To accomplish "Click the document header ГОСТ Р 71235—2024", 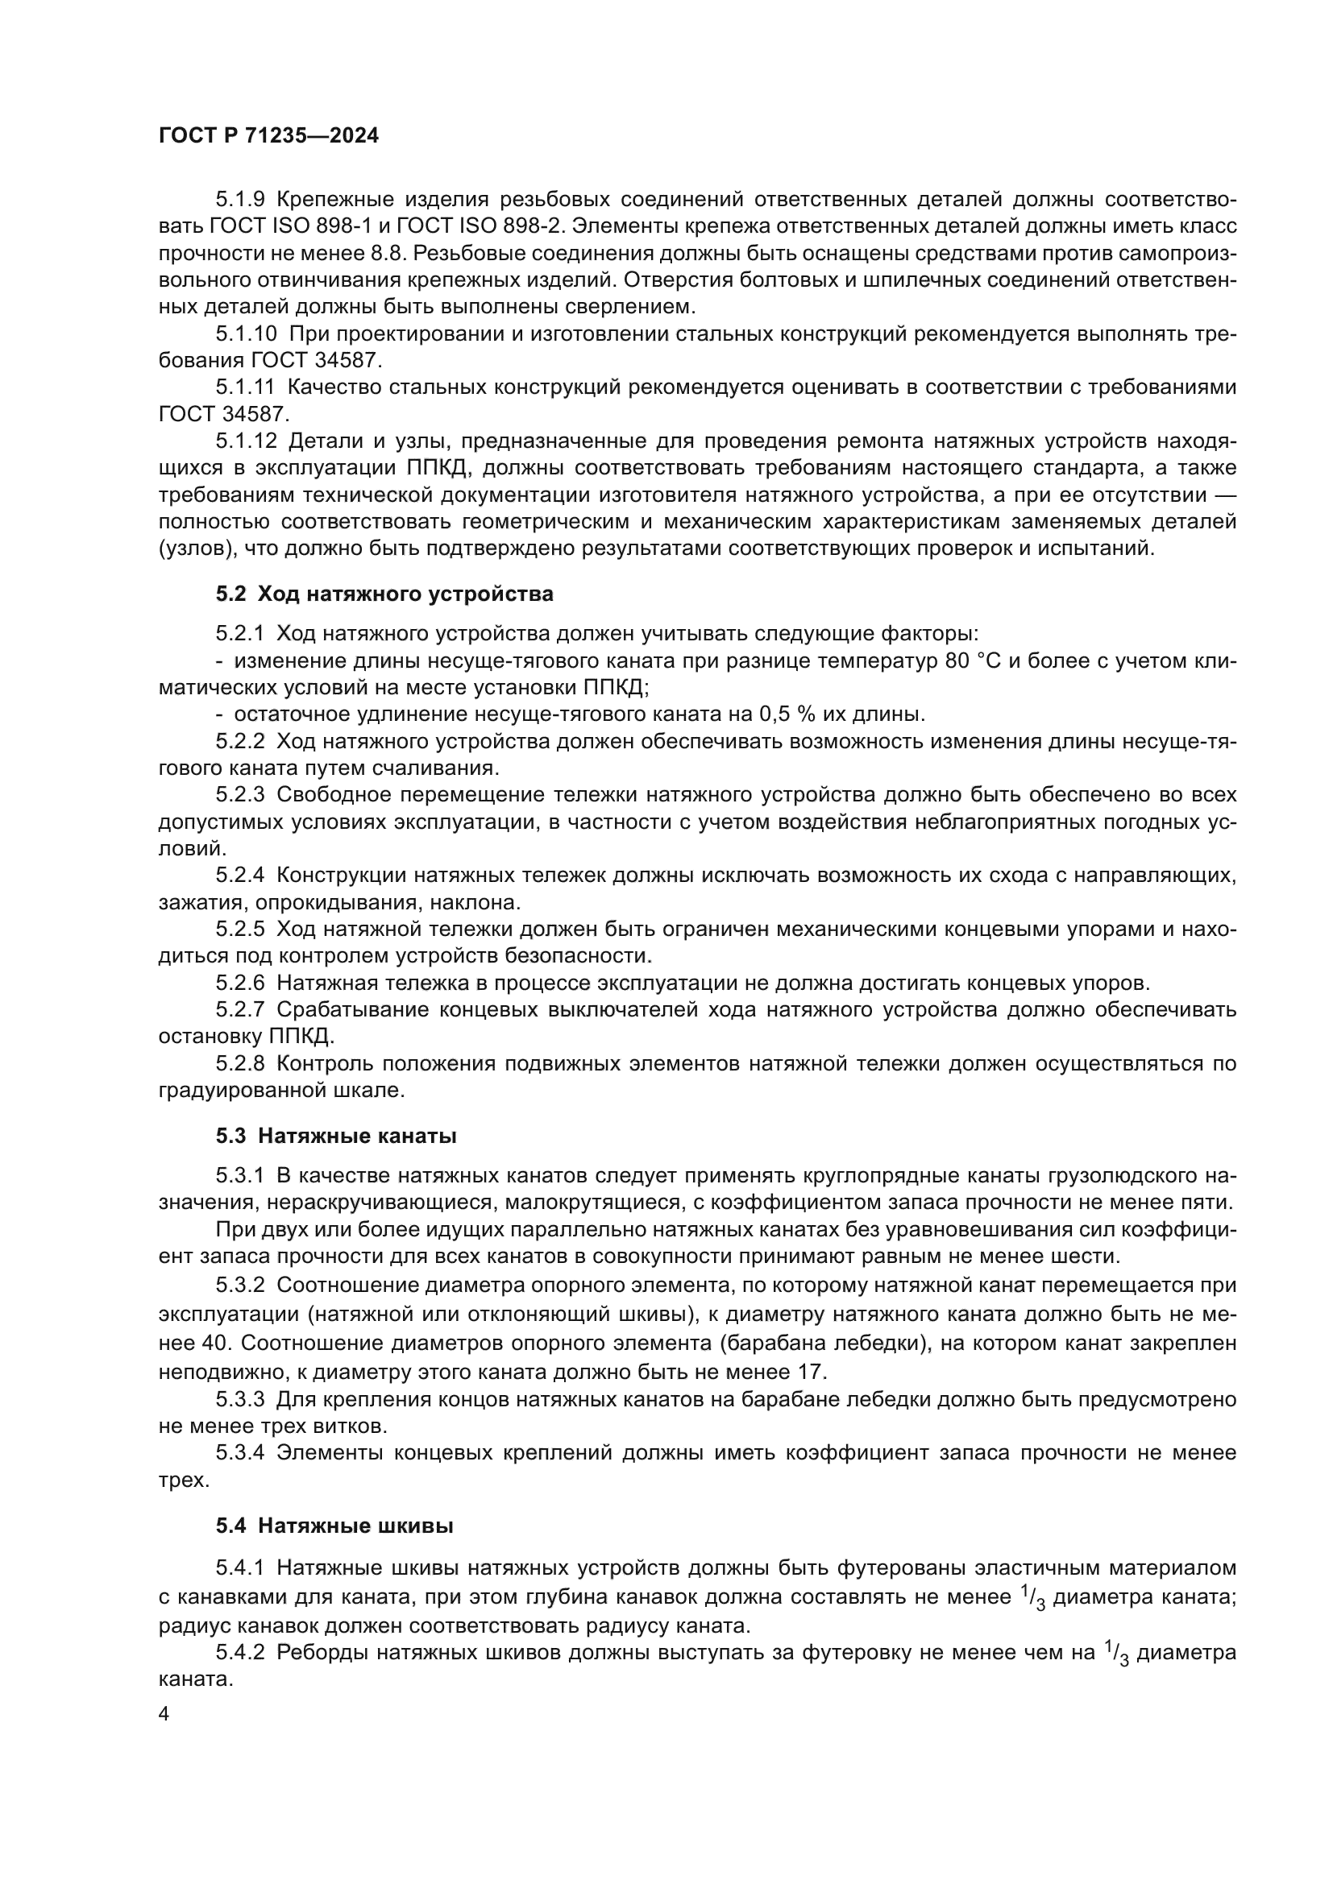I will (268, 136).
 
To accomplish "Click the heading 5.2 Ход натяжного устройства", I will (384, 594).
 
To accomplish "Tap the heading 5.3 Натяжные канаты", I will (337, 1136).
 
